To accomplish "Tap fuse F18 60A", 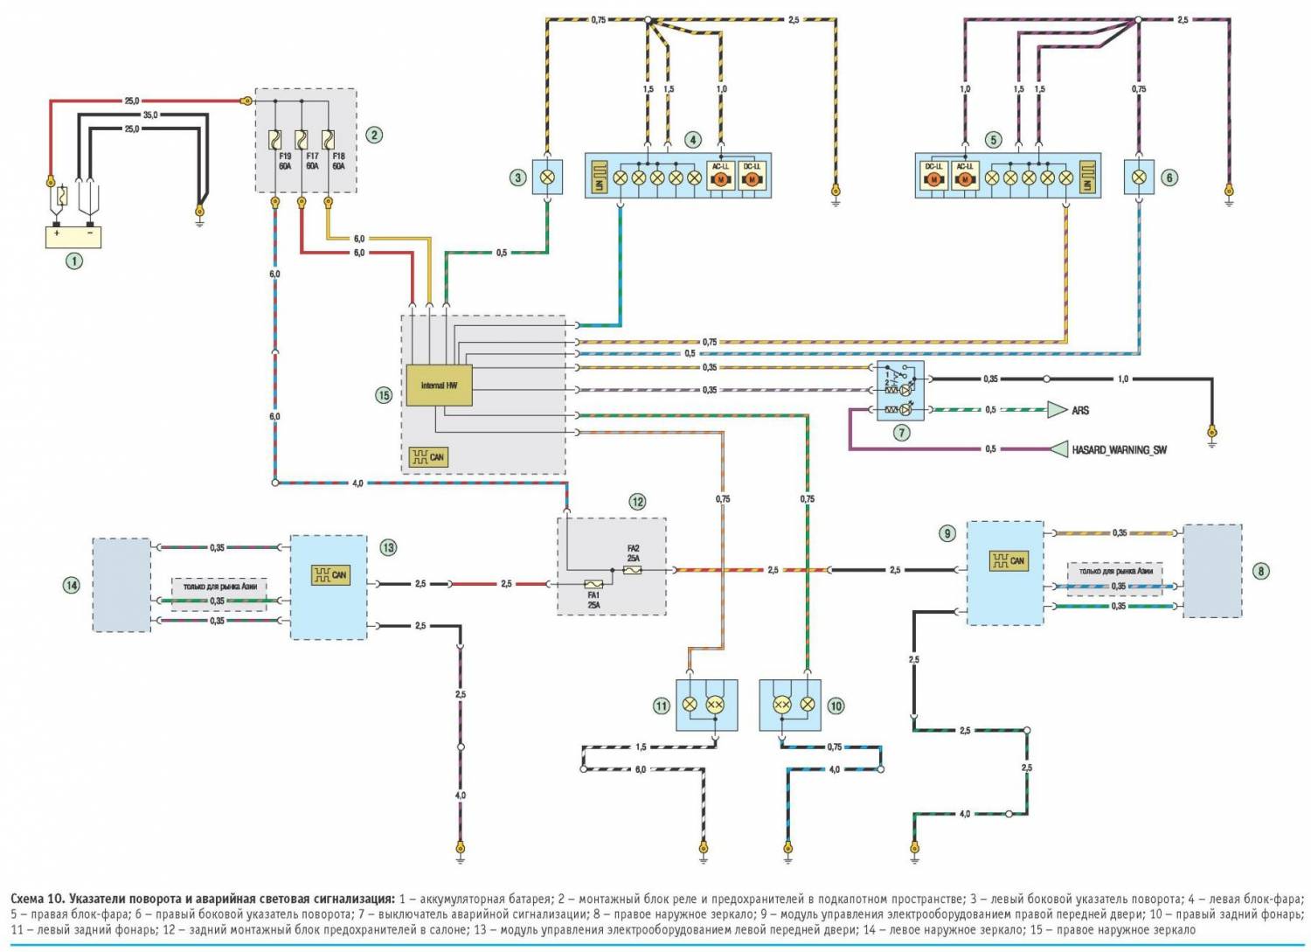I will (x=329, y=140).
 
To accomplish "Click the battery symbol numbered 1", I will (x=74, y=236).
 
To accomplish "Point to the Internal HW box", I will (x=439, y=386).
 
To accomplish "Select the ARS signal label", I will (x=1080, y=410).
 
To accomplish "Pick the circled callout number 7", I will (x=901, y=432).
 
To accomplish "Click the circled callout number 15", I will (x=383, y=395).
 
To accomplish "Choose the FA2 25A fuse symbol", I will (x=633, y=569).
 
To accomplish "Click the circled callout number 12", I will (x=637, y=502).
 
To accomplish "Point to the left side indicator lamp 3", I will (x=548, y=177).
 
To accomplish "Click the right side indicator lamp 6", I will (x=1140, y=177).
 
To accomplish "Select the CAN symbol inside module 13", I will (x=330, y=574).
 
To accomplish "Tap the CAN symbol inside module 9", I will (x=1008, y=560).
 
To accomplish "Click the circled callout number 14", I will (x=72, y=584).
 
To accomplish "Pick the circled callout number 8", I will (x=1260, y=571).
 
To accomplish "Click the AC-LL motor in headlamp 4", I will (x=722, y=178).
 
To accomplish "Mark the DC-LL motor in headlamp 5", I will (x=933, y=178).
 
